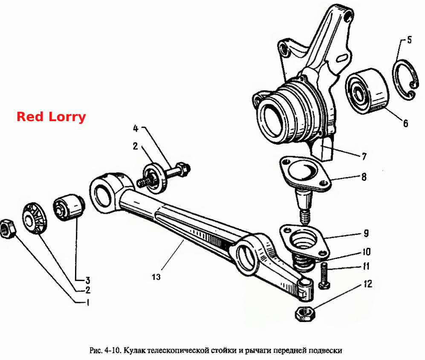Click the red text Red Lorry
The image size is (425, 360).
coord(51,117)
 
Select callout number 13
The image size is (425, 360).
coord(156,277)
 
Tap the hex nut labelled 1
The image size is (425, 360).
coord(8,229)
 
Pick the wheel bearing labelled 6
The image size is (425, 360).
coord(367,91)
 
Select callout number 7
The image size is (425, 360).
coord(364,156)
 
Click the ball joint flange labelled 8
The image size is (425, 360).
coord(305,173)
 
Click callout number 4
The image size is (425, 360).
coord(136,128)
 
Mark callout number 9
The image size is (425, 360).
coord(366,233)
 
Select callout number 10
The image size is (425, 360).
coord(367,252)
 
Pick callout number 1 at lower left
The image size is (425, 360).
coord(88,302)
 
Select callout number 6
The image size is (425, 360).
coord(405,123)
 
